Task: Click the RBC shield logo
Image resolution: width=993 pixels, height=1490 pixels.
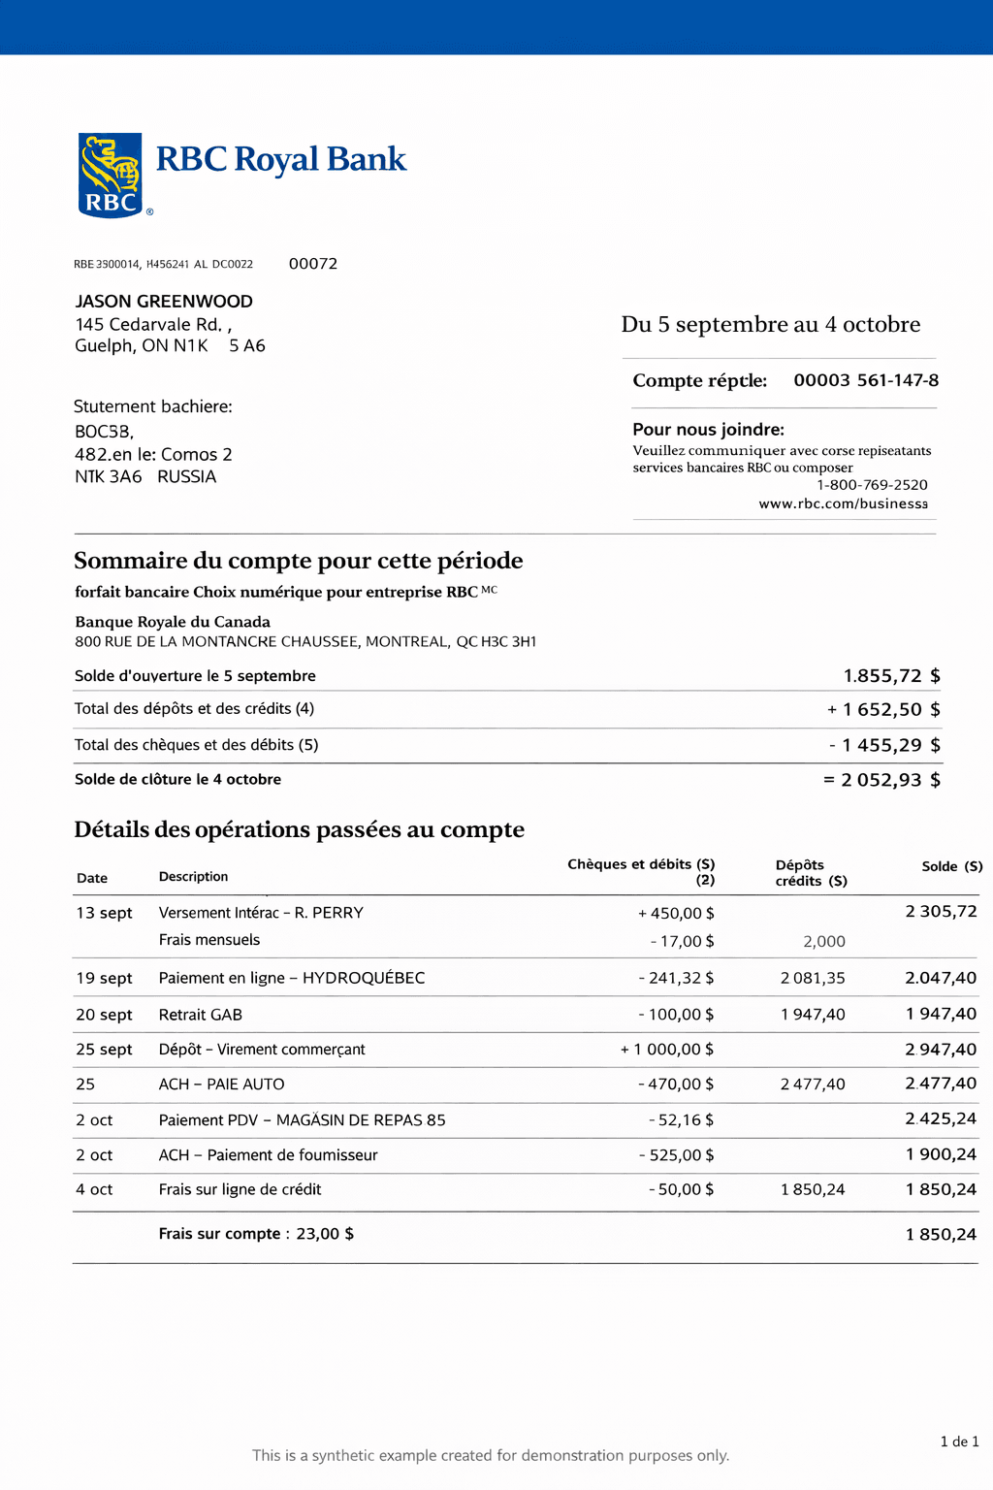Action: pyautogui.click(x=110, y=175)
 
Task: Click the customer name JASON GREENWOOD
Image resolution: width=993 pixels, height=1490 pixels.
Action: pyautogui.click(x=164, y=302)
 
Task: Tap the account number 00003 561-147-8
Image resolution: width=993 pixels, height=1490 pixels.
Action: pyautogui.click(x=866, y=380)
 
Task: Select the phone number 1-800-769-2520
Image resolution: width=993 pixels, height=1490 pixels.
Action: pyautogui.click(x=872, y=485)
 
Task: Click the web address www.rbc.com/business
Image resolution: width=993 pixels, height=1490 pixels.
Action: pyautogui.click(x=843, y=503)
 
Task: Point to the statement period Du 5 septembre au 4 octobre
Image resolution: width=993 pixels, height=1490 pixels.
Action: pyautogui.click(x=771, y=324)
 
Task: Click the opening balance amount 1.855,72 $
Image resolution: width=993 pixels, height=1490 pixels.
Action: pyautogui.click(x=891, y=676)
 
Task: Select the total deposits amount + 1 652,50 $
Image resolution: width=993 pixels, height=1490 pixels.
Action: pyautogui.click(x=883, y=709)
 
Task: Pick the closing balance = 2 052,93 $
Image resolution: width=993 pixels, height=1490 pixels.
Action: pyautogui.click(x=881, y=780)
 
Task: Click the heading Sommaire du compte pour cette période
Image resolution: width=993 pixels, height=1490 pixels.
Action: pyautogui.click(x=299, y=561)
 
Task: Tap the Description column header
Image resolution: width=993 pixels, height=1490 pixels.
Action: pyautogui.click(x=193, y=877)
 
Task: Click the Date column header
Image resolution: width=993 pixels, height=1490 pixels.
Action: pyautogui.click(x=92, y=878)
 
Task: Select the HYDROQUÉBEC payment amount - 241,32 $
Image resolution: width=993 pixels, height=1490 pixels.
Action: pyautogui.click(x=676, y=978)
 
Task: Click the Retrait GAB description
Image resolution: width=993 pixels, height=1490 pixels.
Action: pyautogui.click(x=201, y=1015)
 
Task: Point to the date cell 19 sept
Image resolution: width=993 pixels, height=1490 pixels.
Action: pyautogui.click(x=104, y=978)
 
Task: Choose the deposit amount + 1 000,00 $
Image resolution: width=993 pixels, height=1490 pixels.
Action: pyautogui.click(x=667, y=1050)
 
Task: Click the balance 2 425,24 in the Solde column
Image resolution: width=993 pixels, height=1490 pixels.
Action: pyautogui.click(x=941, y=1119)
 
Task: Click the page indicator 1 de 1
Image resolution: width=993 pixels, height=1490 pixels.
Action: pyautogui.click(x=959, y=1441)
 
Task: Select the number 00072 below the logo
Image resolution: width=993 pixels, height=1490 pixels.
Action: pyautogui.click(x=313, y=264)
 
